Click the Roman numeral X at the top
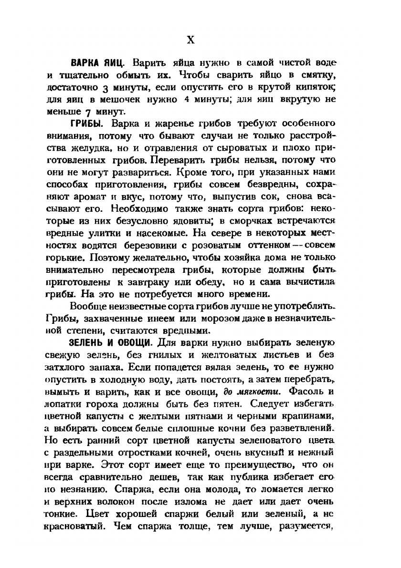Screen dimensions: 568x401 [x=190, y=40]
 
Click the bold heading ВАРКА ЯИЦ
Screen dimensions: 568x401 [x=98, y=63]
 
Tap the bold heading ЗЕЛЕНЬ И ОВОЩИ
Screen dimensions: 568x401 [x=110, y=343]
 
